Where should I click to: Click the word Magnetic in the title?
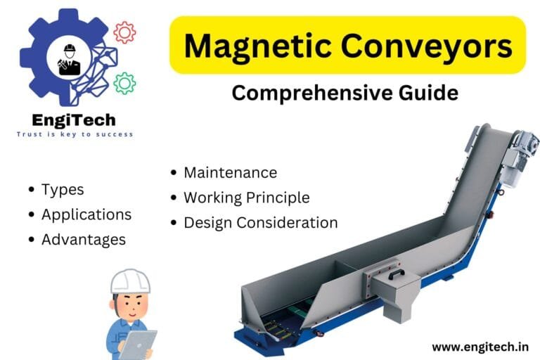253,46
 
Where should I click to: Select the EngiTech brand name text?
75,120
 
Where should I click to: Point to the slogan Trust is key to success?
75,134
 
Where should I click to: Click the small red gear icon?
124,32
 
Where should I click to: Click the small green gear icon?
124,83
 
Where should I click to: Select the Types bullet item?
62,189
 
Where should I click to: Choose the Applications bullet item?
86,214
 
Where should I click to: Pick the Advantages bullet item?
83,239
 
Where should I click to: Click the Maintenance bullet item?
230,172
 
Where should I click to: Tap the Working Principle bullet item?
246,198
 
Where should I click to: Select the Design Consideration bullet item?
260,223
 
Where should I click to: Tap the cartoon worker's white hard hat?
130,280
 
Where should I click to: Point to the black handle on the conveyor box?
399,274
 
